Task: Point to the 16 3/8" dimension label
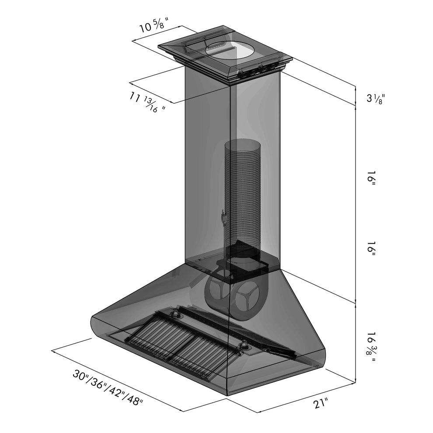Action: pyautogui.click(x=371, y=346)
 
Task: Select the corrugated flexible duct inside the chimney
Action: pyautogui.click(x=242, y=192)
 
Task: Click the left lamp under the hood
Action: pyautogui.click(x=176, y=314)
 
